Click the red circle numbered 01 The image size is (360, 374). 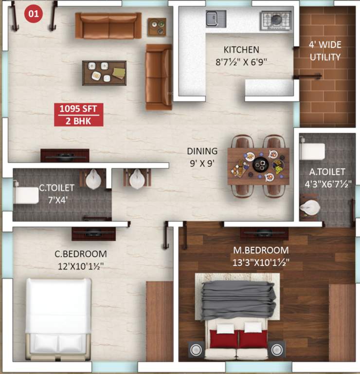click(x=33, y=14)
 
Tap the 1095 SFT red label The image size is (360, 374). click(x=78, y=109)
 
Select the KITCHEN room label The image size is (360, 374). click(x=241, y=50)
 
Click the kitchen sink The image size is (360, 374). click(x=213, y=18)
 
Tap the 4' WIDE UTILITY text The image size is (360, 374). click(x=324, y=51)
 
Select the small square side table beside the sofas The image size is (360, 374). click(x=157, y=26)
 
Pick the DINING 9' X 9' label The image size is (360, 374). click(x=202, y=156)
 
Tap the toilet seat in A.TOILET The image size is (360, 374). click(x=312, y=151)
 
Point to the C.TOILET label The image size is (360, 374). click(x=57, y=187)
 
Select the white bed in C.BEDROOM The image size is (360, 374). click(x=58, y=317)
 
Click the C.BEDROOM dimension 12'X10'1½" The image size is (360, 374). click(x=80, y=266)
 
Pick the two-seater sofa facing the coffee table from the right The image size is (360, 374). click(x=159, y=76)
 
